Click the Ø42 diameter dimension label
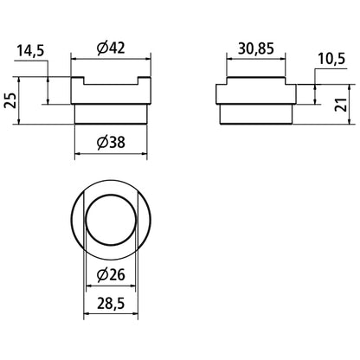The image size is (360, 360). (x=111, y=48)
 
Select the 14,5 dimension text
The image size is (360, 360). (x=30, y=51)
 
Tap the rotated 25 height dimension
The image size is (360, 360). (x=10, y=100)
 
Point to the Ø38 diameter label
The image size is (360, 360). (x=111, y=143)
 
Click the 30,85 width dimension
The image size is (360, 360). (x=256, y=48)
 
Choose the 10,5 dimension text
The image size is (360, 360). (x=331, y=59)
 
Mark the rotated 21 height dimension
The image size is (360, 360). (x=341, y=105)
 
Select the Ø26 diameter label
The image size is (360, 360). (x=111, y=275)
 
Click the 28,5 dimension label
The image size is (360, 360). (x=111, y=304)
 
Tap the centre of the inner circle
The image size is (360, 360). (x=111, y=220)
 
